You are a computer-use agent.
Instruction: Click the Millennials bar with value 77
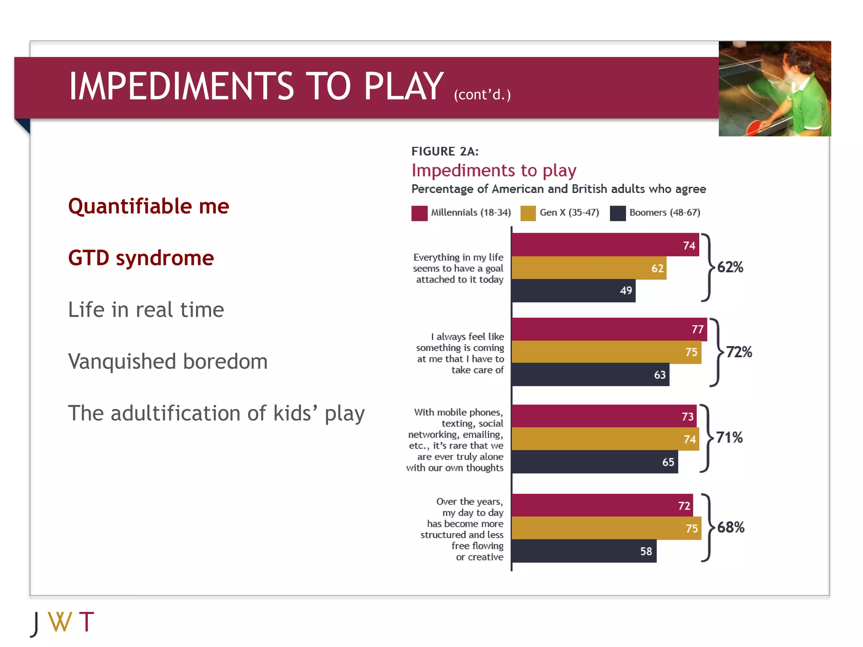[609, 329]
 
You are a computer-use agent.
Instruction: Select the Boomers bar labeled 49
[573, 291]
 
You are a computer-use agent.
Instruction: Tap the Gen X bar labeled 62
[589, 268]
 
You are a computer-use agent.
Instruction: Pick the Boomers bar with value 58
[584, 551]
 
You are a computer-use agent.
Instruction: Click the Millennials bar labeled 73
[603, 416]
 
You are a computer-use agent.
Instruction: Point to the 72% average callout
[739, 352]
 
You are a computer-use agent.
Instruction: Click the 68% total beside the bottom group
[731, 527]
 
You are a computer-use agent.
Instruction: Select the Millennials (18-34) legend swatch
[419, 213]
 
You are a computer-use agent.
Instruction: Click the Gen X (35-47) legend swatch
[528, 213]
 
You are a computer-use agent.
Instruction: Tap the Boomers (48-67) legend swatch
[618, 213]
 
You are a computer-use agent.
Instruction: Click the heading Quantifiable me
[148, 206]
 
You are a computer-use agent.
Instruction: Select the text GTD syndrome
[141, 258]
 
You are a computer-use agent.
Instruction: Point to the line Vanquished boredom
[168, 361]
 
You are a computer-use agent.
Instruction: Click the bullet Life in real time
[146, 310]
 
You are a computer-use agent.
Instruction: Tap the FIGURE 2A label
[445, 151]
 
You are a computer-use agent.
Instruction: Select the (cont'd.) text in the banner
[482, 95]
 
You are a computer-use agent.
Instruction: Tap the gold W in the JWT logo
[60, 622]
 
